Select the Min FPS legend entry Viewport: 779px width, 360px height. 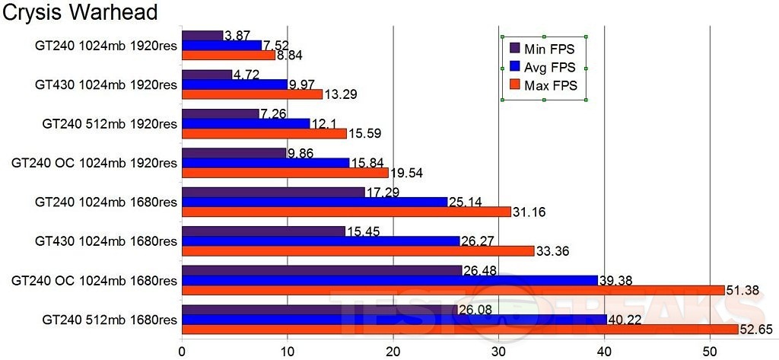545,49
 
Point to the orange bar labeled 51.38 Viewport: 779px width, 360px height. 453,290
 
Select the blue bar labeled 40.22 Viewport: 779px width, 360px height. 394,319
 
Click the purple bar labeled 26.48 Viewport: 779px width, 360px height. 322,270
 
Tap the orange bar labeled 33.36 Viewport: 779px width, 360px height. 358,250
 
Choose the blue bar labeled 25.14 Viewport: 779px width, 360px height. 314,202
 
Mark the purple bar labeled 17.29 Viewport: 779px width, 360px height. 273,192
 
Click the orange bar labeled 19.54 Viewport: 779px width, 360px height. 285,173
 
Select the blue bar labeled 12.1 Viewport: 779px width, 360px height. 246,123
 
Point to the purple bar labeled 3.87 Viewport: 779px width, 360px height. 202,35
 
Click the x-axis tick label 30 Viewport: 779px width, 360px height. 498,352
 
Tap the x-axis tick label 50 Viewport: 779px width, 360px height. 708,352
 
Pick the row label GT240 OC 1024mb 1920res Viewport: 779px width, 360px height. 94,163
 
